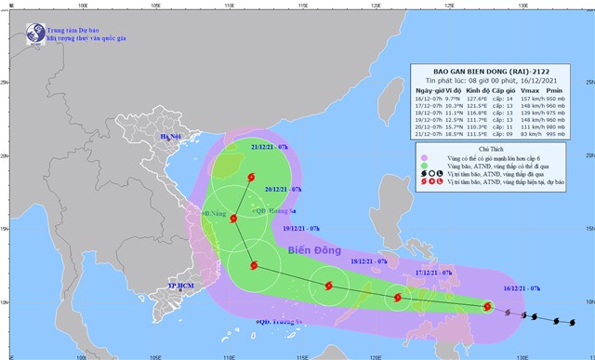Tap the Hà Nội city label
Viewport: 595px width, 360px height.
click(172, 138)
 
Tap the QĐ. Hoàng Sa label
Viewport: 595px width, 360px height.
click(270, 211)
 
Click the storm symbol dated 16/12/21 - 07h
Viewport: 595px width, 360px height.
click(487, 306)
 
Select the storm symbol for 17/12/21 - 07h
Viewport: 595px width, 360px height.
click(398, 298)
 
